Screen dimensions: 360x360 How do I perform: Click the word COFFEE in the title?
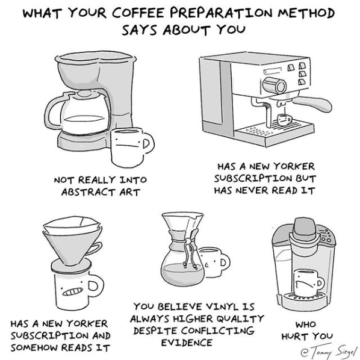click(138, 13)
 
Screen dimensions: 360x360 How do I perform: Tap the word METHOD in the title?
click(306, 13)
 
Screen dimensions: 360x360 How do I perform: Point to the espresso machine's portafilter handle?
click(314, 104)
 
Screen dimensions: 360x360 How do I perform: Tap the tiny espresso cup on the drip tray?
click(285, 120)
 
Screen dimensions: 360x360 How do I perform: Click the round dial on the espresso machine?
click(275, 85)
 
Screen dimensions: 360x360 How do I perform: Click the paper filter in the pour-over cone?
click(72, 225)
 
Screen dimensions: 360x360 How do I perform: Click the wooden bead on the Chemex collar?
click(188, 241)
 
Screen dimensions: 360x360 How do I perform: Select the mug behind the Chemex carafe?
click(214, 262)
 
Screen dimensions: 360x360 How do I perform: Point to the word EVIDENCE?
click(187, 343)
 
